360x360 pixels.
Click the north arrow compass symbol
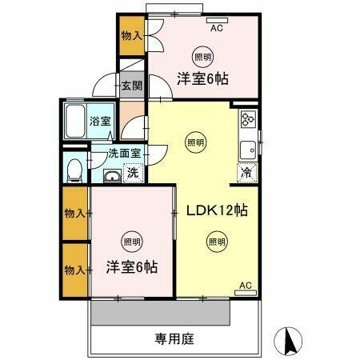(290, 342)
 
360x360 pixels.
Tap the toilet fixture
(74, 169)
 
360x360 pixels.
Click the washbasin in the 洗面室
(110, 177)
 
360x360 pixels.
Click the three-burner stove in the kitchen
(246, 121)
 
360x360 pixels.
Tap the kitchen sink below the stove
(248, 148)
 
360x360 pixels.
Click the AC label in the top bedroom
(216, 28)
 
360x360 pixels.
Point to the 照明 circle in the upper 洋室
(202, 56)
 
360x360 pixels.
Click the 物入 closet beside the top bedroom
(131, 35)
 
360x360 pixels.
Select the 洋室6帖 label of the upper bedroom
(202, 78)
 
